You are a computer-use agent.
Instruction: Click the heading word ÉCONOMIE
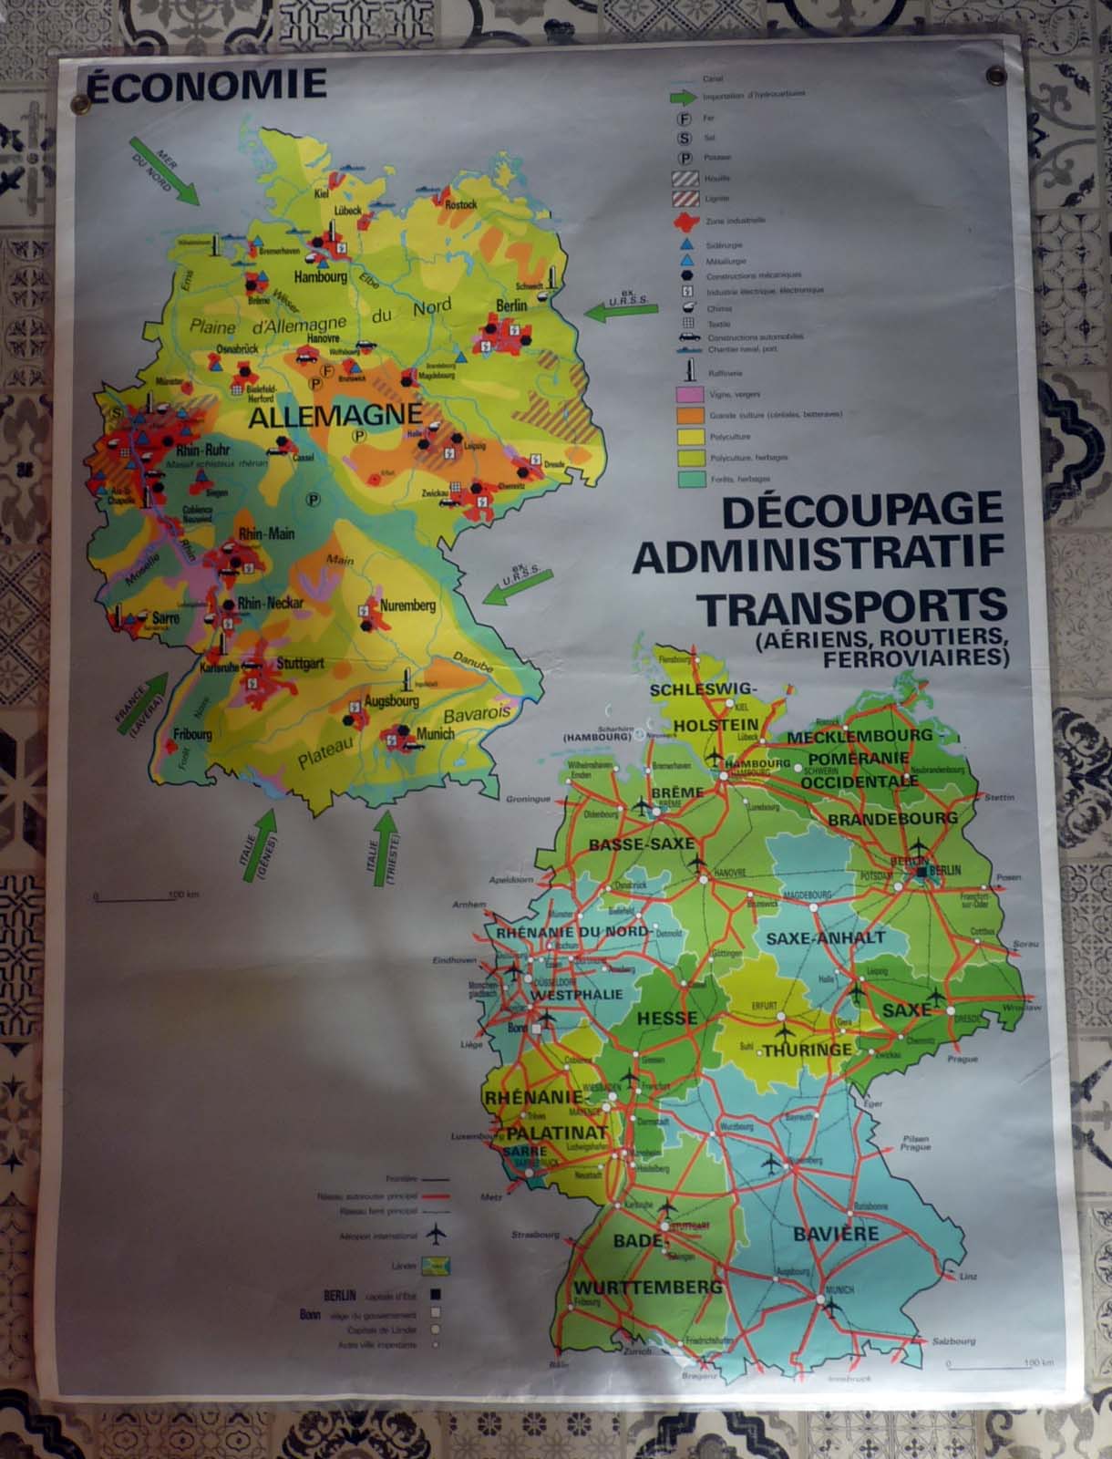click(204, 84)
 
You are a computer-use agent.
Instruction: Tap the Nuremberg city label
click(407, 605)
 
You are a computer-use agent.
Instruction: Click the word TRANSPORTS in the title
click(851, 605)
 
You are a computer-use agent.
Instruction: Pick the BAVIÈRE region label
click(835, 1235)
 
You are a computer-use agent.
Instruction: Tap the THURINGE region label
click(808, 1050)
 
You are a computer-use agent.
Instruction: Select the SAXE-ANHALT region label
click(825, 937)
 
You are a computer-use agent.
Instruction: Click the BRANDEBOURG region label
click(891, 818)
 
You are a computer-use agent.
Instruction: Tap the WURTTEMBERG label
click(647, 1288)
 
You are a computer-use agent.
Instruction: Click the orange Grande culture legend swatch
click(687, 415)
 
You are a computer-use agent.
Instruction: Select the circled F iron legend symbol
click(684, 118)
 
